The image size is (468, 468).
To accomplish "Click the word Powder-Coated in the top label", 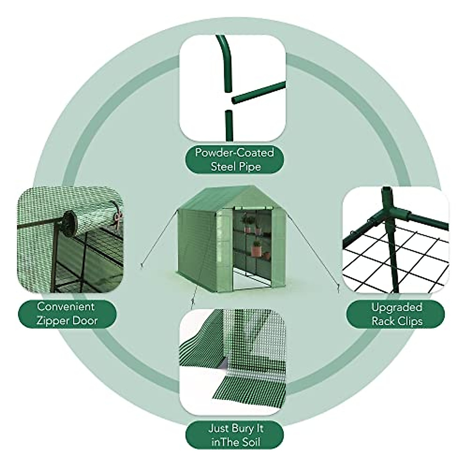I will (234, 152).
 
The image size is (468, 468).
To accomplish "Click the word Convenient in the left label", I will (66, 306).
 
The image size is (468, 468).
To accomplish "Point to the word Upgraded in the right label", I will (397, 307).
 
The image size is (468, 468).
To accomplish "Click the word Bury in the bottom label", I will (244, 429).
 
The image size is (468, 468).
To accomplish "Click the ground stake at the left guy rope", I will (140, 267).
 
